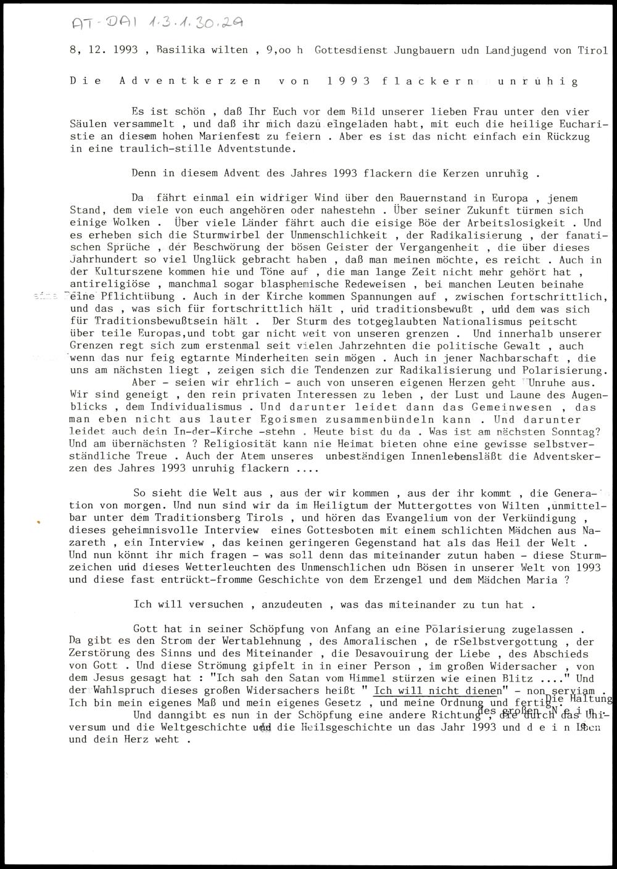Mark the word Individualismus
coord(196,407)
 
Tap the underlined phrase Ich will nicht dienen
coord(436,690)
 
